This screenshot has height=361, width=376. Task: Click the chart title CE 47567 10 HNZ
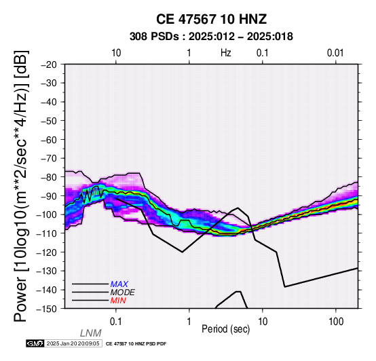coord(211,19)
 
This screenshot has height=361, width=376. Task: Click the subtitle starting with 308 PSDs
coord(211,37)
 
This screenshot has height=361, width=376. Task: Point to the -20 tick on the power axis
coord(49,64)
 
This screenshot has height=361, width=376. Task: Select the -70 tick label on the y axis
coord(49,158)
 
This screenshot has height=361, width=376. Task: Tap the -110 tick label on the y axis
coord(47,233)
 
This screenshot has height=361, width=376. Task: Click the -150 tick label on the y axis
coord(47,309)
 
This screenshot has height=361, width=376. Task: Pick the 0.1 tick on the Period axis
coord(116,322)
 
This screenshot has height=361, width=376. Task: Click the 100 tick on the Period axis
coord(336,322)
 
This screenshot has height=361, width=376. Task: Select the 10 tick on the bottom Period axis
coord(263,322)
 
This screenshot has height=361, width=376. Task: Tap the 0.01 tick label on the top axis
coord(335,53)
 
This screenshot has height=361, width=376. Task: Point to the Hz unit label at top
coord(225,53)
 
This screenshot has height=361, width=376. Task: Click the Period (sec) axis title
coord(225,329)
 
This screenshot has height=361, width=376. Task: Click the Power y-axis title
coord(20,186)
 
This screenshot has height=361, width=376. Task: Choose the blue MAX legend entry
coord(119,284)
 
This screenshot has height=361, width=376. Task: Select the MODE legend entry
coord(123,292)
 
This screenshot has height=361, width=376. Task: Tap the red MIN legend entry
coord(118,301)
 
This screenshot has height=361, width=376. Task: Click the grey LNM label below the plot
coord(91,333)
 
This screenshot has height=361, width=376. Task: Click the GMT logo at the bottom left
coord(35,343)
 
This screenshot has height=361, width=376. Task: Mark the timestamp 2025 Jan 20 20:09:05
coord(73,343)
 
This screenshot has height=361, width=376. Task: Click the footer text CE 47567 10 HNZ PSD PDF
coord(136,344)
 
